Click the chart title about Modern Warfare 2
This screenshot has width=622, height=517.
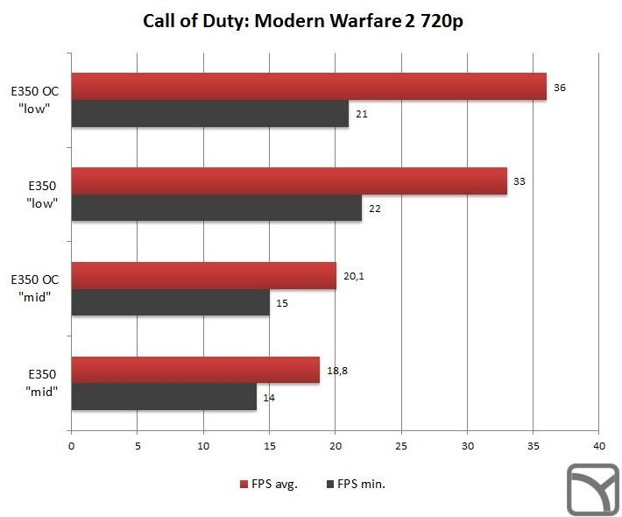[303, 21]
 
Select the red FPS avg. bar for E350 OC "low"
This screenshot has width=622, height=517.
[308, 87]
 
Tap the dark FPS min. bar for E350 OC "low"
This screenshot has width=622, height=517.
[209, 114]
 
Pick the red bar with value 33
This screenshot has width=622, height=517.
[289, 181]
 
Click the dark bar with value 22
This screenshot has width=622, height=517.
[216, 209]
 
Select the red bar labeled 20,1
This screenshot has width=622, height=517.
[203, 276]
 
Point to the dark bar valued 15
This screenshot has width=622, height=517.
[170, 303]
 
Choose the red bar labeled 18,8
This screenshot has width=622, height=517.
[194, 371]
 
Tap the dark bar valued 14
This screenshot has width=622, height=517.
[163, 398]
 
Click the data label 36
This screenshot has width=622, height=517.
[561, 87]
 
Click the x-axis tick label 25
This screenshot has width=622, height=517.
[400, 446]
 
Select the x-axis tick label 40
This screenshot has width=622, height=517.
[598, 446]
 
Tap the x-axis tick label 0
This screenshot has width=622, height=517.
[71, 446]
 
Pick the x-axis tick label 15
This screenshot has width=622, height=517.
[269, 446]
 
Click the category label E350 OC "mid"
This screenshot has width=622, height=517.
[35, 287]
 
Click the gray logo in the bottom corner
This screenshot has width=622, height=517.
[592, 488]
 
